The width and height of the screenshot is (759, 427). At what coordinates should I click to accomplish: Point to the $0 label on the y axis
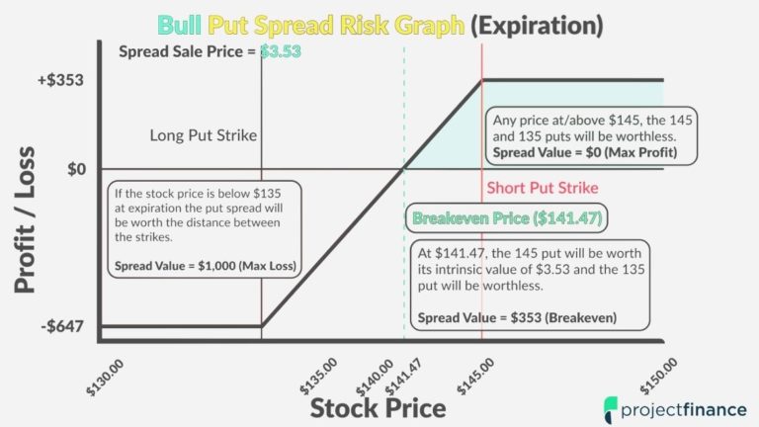coord(78,169)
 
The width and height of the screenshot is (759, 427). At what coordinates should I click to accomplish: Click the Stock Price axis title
coord(379,406)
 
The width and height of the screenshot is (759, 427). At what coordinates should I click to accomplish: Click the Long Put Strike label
coord(204,134)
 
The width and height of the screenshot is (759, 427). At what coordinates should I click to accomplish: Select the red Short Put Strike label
coord(543,188)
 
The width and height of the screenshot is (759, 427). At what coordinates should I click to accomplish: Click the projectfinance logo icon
coord(612,405)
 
